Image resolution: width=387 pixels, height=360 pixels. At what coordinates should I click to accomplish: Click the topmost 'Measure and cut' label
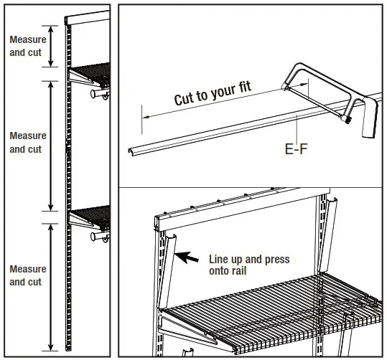[x=27, y=47]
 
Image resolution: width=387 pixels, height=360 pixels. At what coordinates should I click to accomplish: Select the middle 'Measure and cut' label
[x=27, y=142]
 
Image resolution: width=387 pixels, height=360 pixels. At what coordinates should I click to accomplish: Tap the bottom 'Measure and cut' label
[x=27, y=275]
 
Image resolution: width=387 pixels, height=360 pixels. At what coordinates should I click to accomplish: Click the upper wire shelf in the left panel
[x=94, y=72]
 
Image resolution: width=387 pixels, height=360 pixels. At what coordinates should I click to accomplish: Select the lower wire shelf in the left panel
[x=94, y=214]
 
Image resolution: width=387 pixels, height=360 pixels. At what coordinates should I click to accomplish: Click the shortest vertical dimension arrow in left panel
[x=49, y=47]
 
